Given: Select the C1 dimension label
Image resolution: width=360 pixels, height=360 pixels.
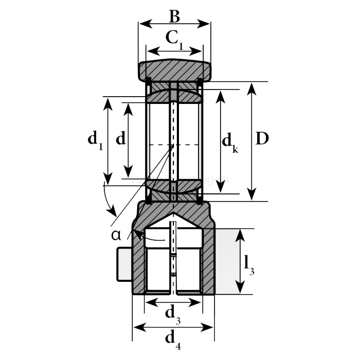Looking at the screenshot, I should tap(174, 38).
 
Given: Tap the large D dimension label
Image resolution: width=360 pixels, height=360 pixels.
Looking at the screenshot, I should tap(262, 139).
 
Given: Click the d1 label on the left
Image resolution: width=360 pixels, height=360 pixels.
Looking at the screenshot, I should tap(95, 139).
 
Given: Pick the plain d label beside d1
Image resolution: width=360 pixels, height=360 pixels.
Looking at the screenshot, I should tap(120, 138).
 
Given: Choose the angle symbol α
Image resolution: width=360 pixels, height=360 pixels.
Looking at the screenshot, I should tap(116, 235).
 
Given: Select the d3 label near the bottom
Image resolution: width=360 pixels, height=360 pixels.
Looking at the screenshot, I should tap(172, 313).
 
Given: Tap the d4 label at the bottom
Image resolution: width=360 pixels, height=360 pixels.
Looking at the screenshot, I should tap(172, 338).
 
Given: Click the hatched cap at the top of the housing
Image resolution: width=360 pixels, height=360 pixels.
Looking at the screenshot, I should tap(174, 69).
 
